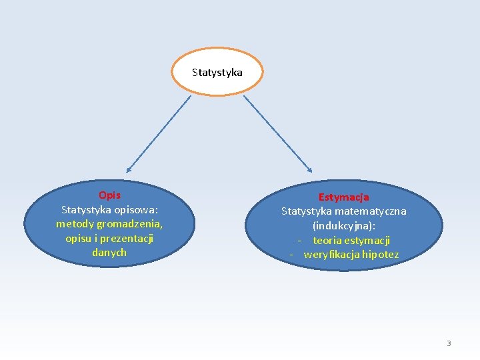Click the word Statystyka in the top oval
click(x=217, y=72)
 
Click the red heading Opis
click(x=109, y=195)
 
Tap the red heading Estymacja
click(x=343, y=197)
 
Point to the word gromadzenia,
click(x=131, y=224)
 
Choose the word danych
click(x=109, y=253)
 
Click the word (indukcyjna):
click(x=343, y=226)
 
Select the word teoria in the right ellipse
click(x=327, y=241)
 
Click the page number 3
click(x=449, y=343)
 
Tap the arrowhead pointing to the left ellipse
click(x=129, y=169)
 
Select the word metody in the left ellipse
click(x=72, y=224)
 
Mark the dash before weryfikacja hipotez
click(x=292, y=255)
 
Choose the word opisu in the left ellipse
click(x=79, y=238)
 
